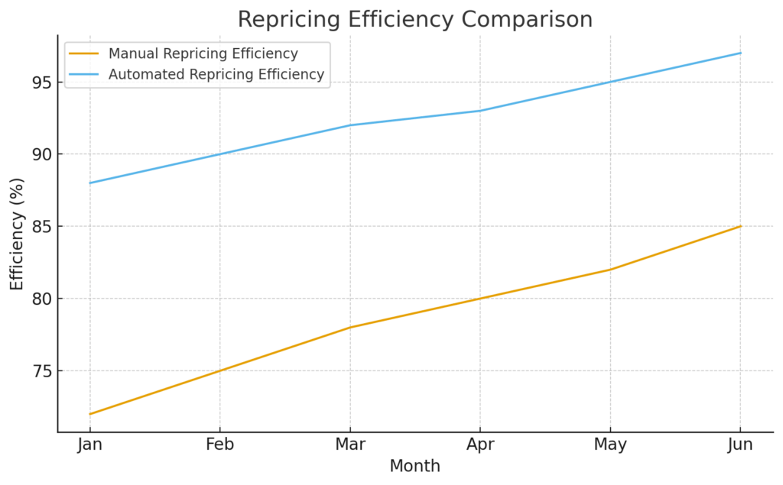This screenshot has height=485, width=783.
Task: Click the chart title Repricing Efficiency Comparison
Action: point(414,19)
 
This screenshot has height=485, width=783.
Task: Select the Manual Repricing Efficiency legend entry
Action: point(203,54)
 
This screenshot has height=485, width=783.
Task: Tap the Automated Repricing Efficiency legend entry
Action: point(216,75)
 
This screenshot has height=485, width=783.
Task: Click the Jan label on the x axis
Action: point(90,445)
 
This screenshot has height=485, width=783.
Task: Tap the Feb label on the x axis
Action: point(220,445)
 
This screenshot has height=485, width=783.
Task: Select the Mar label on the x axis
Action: point(350,445)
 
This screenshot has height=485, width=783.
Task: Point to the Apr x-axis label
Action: point(480,445)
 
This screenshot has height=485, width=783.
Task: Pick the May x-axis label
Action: point(610,445)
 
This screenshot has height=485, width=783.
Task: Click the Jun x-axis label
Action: point(740,445)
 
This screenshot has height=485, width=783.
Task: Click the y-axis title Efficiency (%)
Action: point(17,234)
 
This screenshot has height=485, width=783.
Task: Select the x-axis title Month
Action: point(414,466)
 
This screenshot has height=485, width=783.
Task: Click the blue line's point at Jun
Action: point(740,53)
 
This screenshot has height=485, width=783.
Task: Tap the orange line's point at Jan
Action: point(90,414)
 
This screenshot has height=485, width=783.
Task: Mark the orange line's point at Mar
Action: point(350,328)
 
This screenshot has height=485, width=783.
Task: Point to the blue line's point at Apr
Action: point(480,111)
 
